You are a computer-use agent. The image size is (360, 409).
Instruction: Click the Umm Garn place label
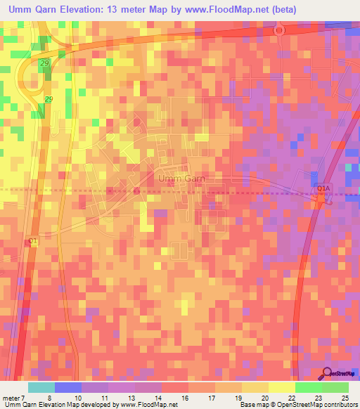coord(182,179)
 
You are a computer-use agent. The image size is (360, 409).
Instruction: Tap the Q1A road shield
coord(323,188)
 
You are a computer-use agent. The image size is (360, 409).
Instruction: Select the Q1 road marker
coord(32,241)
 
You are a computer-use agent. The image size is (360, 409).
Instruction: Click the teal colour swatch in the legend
coord(41,387)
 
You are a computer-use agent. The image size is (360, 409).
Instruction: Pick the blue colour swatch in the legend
coord(67,387)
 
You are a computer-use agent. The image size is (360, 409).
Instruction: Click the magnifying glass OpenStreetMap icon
coord(328,373)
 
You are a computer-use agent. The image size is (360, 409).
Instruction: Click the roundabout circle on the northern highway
coord(278,30)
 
